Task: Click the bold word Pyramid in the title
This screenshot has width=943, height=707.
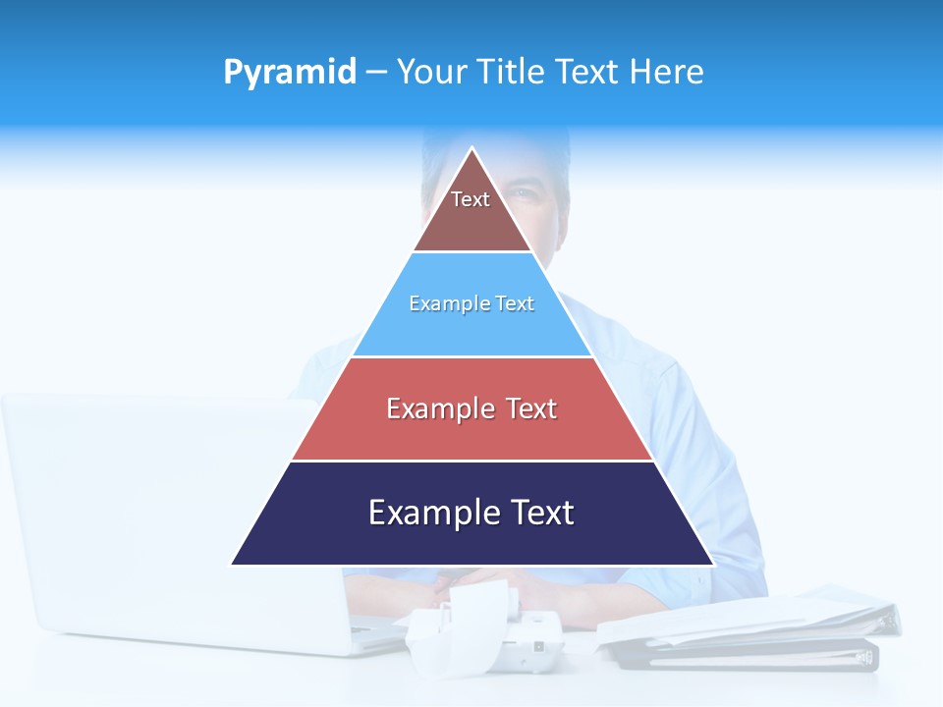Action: click(289, 73)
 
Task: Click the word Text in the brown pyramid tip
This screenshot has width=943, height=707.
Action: click(471, 199)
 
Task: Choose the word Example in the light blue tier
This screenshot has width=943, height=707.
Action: click(441, 303)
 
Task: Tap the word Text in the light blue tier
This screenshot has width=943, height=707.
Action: click(516, 303)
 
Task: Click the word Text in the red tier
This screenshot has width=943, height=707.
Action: click(531, 408)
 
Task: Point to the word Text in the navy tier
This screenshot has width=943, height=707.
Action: click(542, 513)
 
